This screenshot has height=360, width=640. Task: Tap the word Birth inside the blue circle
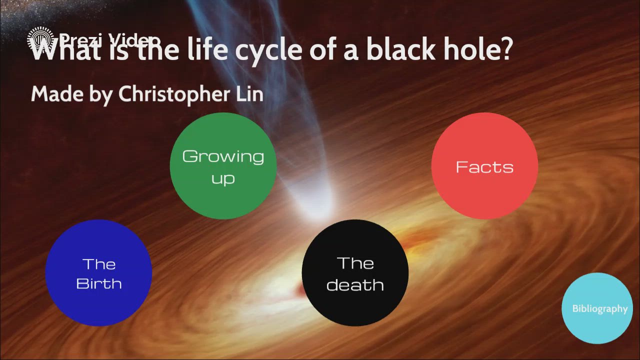point(99,283)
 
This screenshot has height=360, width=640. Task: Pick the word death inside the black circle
point(355,284)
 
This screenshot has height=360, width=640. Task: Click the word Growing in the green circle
point(223,157)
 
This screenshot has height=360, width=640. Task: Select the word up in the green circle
point(223,178)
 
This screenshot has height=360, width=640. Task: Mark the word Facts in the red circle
point(484,167)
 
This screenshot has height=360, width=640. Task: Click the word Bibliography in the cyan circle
point(599,309)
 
